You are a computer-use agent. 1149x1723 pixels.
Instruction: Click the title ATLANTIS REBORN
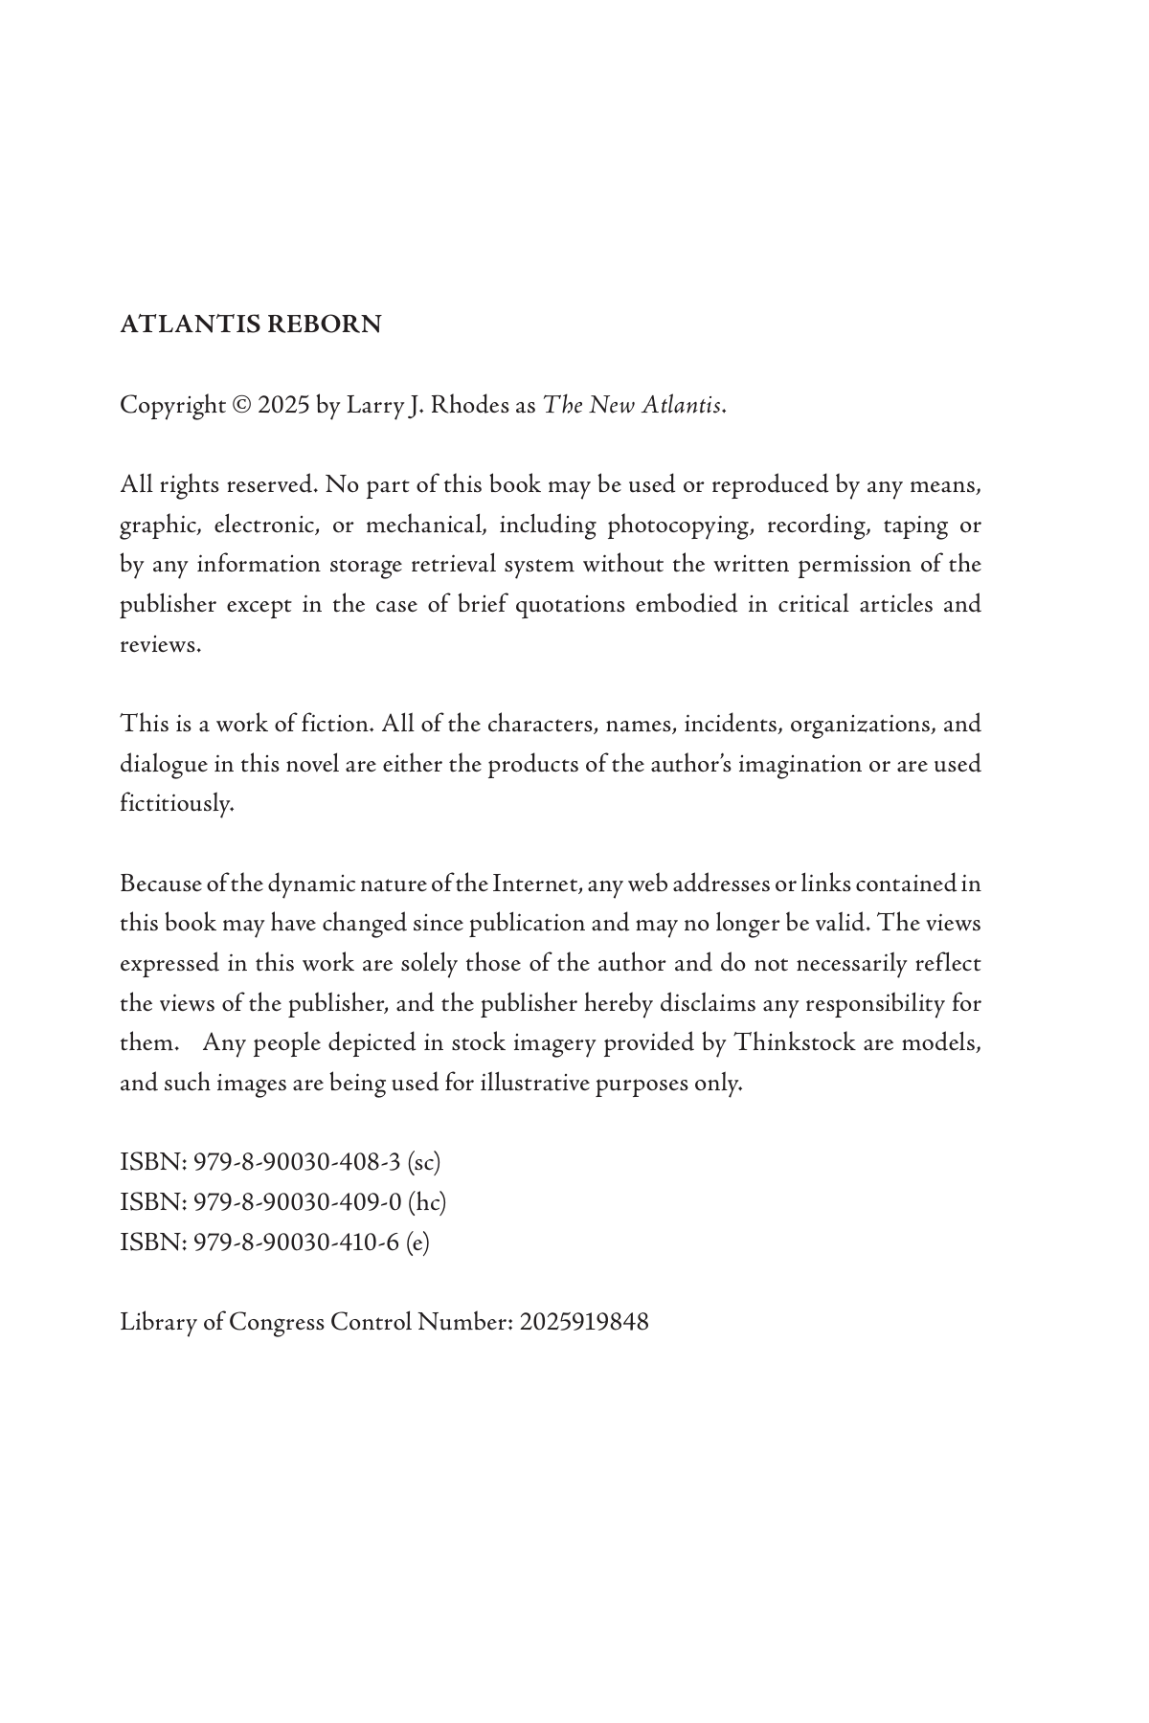click(250, 324)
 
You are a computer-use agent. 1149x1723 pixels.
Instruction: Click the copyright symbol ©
click(242, 405)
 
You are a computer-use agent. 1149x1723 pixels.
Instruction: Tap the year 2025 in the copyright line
click(283, 405)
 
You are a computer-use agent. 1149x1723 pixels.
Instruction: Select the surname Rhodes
click(470, 405)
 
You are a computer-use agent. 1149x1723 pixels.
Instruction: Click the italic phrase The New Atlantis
click(632, 405)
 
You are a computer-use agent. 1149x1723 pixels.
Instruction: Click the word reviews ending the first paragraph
click(159, 645)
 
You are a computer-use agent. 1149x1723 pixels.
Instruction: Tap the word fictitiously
click(176, 803)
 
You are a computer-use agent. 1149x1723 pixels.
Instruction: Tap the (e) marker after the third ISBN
click(417, 1242)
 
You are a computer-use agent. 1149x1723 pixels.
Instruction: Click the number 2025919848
click(584, 1322)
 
